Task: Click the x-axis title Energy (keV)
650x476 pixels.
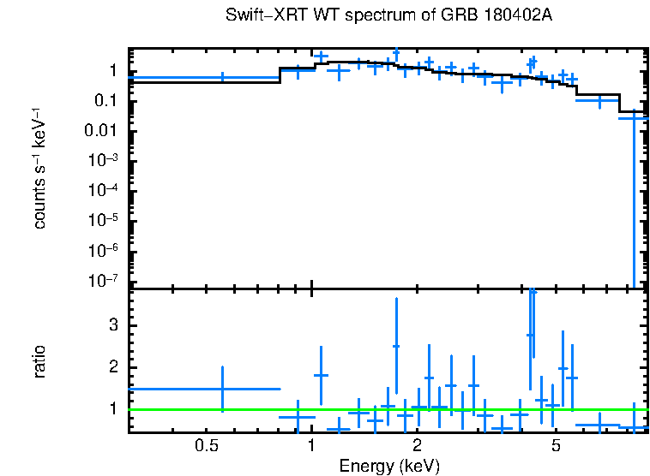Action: pyautogui.click(x=389, y=466)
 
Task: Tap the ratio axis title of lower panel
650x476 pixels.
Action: pyautogui.click(x=39, y=361)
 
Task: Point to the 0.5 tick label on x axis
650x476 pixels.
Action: pyautogui.click(x=204, y=445)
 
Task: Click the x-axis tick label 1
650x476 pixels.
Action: pyautogui.click(x=311, y=445)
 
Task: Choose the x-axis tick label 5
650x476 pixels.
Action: pyautogui.click(x=556, y=445)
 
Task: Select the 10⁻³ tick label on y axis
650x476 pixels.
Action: pyautogui.click(x=105, y=161)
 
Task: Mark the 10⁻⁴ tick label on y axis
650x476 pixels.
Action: pyautogui.click(x=105, y=191)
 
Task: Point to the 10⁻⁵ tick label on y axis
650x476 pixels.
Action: pyautogui.click(x=105, y=221)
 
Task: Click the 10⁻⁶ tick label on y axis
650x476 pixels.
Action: pyautogui.click(x=105, y=251)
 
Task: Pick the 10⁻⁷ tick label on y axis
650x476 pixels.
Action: pyautogui.click(x=105, y=281)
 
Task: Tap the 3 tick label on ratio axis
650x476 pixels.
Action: pyautogui.click(x=112, y=325)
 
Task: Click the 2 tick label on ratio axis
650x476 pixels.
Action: pyautogui.click(x=112, y=367)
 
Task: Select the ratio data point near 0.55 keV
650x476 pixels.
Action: pyautogui.click(x=222, y=389)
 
